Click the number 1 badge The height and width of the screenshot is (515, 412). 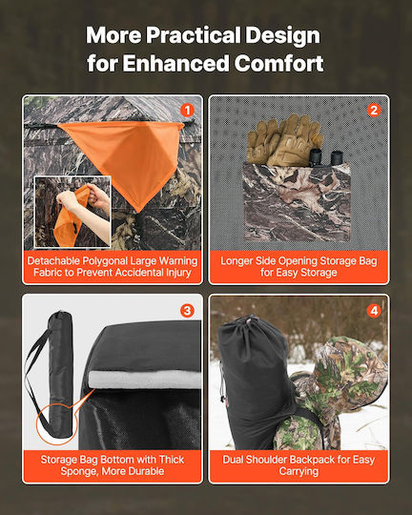(187, 111)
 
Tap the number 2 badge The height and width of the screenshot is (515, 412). (374, 111)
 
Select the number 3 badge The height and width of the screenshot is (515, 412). (187, 310)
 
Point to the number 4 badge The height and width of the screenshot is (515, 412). (374, 310)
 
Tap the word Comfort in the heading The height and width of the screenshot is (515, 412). (278, 63)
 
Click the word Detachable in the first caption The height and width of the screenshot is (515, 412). (53, 260)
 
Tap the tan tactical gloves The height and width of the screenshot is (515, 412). (285, 139)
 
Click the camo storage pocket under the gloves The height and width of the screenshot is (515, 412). (298, 202)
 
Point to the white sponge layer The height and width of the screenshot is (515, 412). (145, 380)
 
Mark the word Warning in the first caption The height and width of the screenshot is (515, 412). (178, 260)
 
